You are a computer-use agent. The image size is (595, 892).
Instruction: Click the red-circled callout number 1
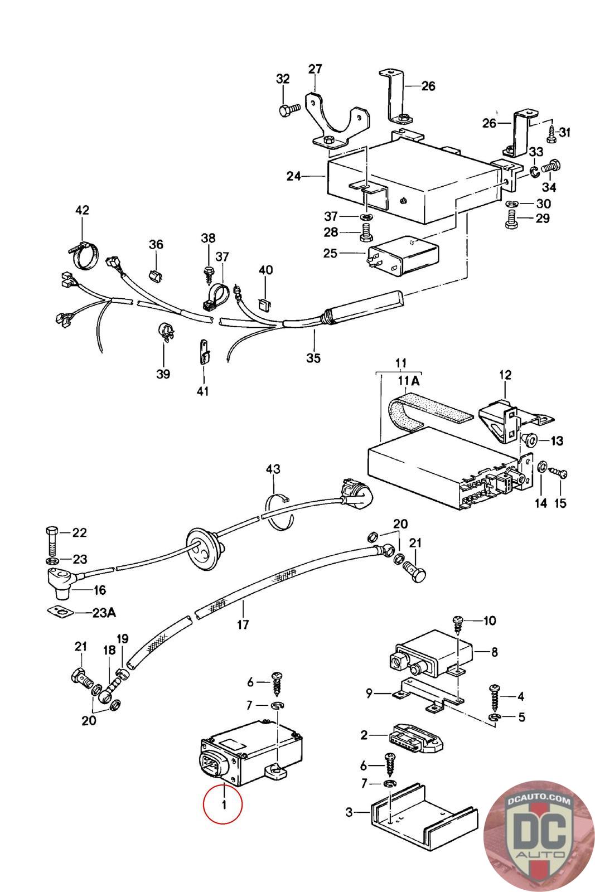(x=223, y=804)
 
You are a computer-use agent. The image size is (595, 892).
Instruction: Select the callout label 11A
(x=408, y=381)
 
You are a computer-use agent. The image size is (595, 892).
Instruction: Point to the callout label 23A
(x=104, y=613)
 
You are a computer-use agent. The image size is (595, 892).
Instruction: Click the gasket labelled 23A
(x=60, y=612)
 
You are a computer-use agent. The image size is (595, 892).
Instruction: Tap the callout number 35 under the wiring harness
(x=313, y=357)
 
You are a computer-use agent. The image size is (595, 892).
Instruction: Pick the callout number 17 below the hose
(x=243, y=624)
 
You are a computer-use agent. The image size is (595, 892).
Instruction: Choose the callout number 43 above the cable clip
(x=273, y=469)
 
